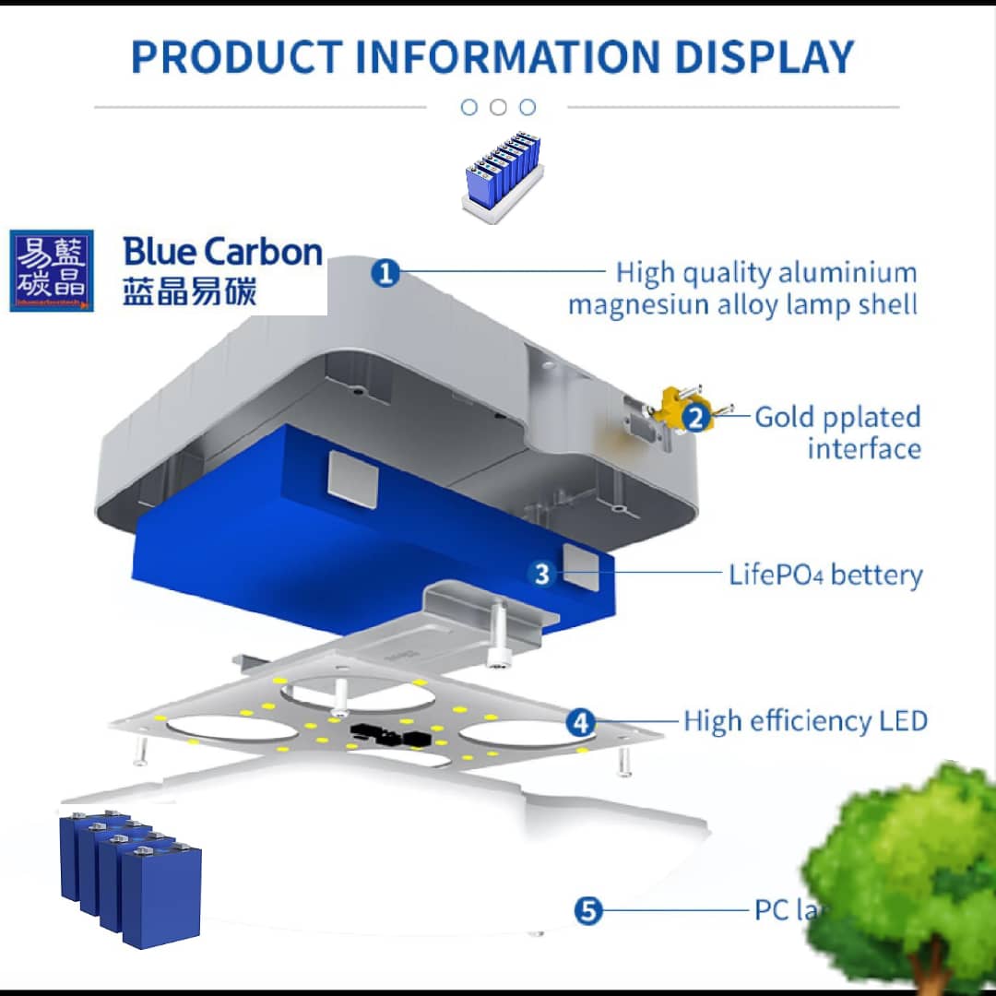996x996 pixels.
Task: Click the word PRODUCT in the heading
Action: [235, 56]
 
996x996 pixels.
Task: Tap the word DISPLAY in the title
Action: [765, 56]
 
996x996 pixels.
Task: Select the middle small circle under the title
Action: [498, 107]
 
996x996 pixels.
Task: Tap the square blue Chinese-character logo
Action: [52, 270]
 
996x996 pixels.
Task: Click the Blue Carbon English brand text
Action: [222, 252]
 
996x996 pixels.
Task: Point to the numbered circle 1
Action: [385, 273]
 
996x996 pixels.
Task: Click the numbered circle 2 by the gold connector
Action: [697, 418]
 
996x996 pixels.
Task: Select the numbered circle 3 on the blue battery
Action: [541, 574]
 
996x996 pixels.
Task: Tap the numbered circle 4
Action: [580, 721]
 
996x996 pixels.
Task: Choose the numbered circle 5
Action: [587, 910]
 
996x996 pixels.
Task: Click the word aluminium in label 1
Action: [848, 273]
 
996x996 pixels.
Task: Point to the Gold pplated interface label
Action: [837, 433]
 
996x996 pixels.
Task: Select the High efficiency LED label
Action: [805, 720]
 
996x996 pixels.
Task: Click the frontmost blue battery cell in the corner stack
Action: [162, 895]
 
